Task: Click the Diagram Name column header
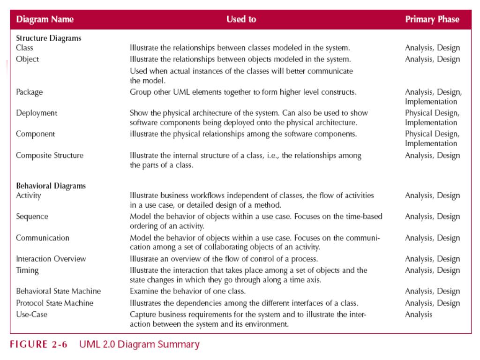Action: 45,20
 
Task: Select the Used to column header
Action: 241,20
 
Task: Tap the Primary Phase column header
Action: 432,20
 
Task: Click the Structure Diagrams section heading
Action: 48,38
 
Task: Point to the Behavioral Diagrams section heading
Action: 51,186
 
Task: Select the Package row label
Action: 29,92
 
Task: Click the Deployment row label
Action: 36,113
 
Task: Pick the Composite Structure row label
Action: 49,155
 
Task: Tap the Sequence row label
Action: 32,217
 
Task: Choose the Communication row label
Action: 42,238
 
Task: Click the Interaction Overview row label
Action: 51,259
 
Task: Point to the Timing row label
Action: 27,270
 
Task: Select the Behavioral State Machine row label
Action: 58,291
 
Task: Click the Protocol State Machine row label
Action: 54,303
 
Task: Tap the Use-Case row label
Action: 31,315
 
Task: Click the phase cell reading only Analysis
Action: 419,315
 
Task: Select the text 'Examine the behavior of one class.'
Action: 187,291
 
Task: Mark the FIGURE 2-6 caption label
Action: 38,345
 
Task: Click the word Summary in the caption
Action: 180,345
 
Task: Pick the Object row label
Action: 27,59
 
